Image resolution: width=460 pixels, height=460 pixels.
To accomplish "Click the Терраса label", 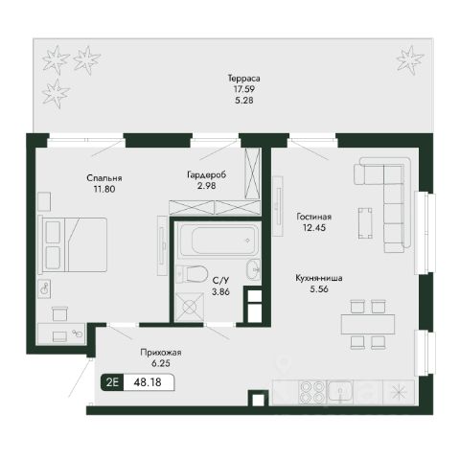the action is [244, 78].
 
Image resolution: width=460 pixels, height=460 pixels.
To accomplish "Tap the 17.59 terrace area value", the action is [244, 89].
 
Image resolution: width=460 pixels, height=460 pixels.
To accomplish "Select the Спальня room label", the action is [104, 178].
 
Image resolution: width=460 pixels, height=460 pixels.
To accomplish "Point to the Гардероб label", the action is [207, 174].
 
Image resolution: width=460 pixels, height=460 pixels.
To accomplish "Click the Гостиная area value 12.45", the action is [314, 228].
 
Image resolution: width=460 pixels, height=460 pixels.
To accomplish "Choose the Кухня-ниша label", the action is [319, 278].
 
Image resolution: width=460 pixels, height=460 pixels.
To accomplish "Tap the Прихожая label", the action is [161, 353].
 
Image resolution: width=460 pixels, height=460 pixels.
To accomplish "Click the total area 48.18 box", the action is [149, 382].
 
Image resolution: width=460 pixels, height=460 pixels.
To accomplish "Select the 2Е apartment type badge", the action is [112, 382].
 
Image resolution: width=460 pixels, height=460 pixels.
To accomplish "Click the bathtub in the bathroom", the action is [218, 241].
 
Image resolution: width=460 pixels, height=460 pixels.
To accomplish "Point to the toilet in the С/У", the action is [193, 274].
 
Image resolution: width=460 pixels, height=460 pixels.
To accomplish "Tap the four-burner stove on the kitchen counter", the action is [312, 393].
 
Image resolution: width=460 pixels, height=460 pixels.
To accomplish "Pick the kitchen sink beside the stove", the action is [340, 392].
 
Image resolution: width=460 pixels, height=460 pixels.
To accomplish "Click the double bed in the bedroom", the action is [72, 244].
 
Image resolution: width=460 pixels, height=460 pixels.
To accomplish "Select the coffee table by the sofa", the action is [365, 223].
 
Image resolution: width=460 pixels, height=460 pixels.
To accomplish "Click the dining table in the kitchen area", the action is [368, 324].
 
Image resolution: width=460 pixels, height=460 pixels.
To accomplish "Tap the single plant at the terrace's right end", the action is [410, 59].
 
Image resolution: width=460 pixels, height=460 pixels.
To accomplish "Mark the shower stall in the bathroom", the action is [190, 307].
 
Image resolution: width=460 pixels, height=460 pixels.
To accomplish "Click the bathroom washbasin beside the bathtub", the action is [254, 269].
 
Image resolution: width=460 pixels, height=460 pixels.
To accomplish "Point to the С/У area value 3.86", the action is [220, 291].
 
